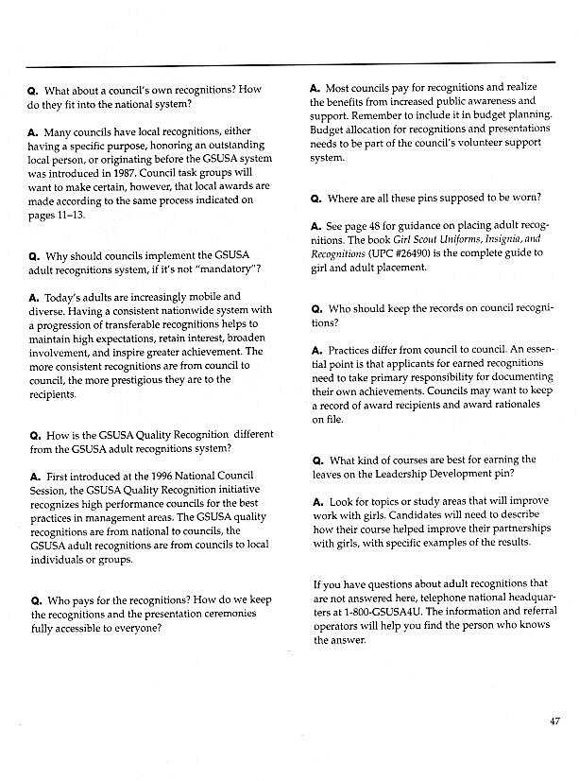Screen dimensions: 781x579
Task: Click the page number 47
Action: (554, 721)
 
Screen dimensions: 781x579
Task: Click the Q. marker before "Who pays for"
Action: (35, 599)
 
